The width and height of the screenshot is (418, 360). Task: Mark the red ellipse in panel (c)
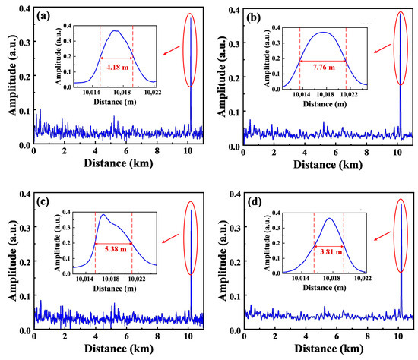tap(191, 234)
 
